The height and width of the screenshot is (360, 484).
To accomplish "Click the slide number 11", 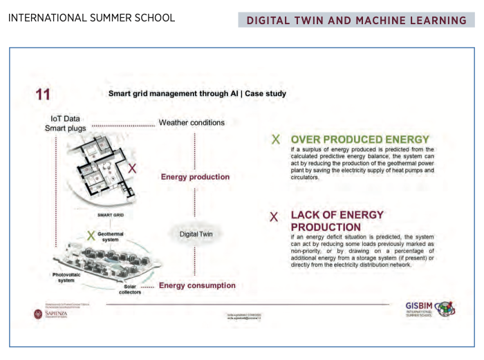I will [x=43, y=95].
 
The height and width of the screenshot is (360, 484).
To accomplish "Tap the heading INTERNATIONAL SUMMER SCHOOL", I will [x=91, y=17].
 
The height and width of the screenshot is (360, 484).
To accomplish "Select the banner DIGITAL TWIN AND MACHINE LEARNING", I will [x=356, y=20].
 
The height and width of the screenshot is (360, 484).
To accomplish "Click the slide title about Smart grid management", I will [x=197, y=93].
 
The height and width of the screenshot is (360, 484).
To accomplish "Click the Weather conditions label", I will [x=192, y=123].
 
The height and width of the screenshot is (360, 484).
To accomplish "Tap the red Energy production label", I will [x=195, y=177].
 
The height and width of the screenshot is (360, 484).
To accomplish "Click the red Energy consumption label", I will [x=197, y=285].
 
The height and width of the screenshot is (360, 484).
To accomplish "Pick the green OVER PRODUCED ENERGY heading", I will [x=360, y=139].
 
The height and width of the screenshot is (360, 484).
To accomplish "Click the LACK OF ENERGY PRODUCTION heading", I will [x=337, y=220].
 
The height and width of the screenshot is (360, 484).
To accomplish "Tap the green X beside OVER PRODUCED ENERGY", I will [x=276, y=140].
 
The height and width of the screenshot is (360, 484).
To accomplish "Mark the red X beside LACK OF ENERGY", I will [x=274, y=216].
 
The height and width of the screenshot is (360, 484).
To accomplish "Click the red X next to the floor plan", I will [x=133, y=168].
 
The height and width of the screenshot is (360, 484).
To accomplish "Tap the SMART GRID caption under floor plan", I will [x=110, y=216].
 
